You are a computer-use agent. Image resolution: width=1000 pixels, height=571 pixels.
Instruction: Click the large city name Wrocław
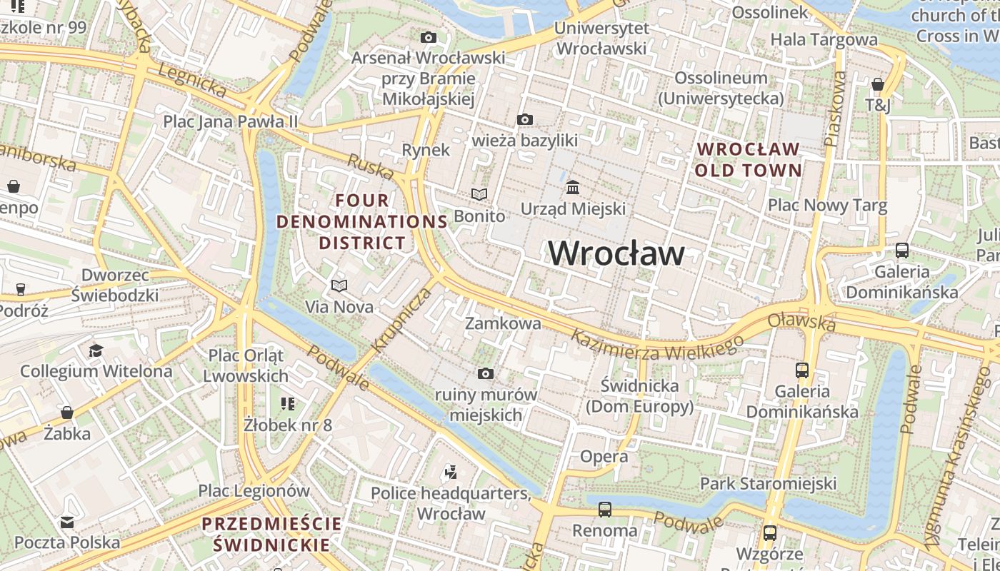pyautogui.click(x=616, y=253)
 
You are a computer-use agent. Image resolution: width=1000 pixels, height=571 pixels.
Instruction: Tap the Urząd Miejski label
pyautogui.click(x=573, y=208)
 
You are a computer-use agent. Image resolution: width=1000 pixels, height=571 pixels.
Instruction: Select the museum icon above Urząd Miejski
pyautogui.click(x=573, y=187)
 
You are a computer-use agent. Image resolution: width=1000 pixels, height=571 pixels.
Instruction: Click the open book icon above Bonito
pyautogui.click(x=479, y=194)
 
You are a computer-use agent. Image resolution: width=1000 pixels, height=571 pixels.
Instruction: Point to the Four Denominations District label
pyautogui.click(x=362, y=221)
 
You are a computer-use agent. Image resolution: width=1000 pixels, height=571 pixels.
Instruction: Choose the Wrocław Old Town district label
pyautogui.click(x=748, y=160)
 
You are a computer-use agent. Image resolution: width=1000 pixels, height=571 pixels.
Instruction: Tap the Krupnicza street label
pyautogui.click(x=402, y=319)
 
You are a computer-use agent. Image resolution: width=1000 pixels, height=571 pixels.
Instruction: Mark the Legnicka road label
pyautogui.click(x=192, y=81)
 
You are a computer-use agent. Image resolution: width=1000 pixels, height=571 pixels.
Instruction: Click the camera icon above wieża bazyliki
pyautogui.click(x=525, y=119)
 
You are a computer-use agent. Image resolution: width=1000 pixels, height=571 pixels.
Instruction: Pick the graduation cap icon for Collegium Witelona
pyautogui.click(x=96, y=350)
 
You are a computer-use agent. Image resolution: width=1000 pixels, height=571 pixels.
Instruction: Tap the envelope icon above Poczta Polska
pyautogui.click(x=67, y=522)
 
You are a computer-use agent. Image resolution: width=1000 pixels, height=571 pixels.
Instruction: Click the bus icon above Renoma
pyautogui.click(x=605, y=510)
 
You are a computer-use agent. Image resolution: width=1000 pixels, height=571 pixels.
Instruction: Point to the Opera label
pyautogui.click(x=604, y=456)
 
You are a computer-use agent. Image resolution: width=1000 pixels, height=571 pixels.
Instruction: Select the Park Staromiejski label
pyautogui.click(x=768, y=483)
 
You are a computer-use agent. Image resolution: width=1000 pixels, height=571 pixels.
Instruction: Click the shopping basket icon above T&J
pyautogui.click(x=878, y=84)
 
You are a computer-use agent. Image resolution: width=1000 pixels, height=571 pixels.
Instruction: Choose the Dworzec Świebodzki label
pyautogui.click(x=115, y=285)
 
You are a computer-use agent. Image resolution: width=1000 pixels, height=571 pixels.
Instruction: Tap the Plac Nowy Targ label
pyautogui.click(x=827, y=206)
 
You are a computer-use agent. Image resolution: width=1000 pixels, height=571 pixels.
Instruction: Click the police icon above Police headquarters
pyautogui.click(x=450, y=472)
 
